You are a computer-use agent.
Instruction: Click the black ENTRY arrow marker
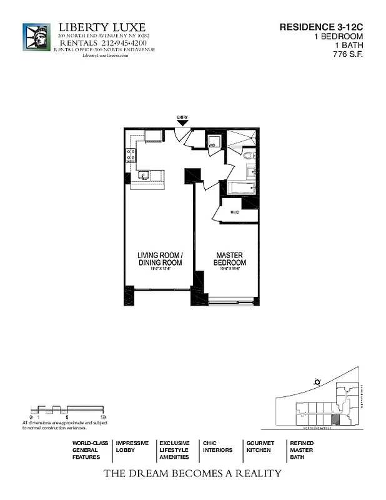coord(182,124)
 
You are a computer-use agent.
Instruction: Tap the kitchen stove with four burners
coord(131,155)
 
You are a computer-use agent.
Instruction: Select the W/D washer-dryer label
coord(212,145)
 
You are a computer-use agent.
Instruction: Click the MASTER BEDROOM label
coord(230,259)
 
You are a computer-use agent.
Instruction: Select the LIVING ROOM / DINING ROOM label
coord(160,259)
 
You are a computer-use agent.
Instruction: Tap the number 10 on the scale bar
coord(103,416)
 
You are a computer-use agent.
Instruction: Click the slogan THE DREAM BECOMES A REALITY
coord(192,473)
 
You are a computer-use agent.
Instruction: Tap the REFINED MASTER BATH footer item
coord(301,450)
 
